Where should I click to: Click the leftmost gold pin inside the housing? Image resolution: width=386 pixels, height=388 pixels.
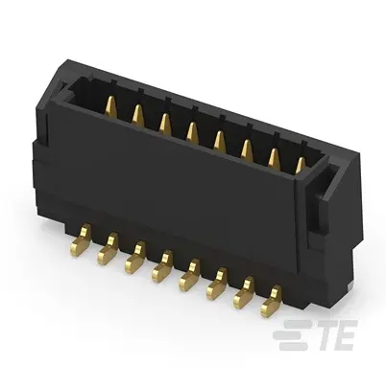(x=111, y=105)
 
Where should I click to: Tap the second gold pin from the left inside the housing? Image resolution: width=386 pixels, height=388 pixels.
(x=137, y=114)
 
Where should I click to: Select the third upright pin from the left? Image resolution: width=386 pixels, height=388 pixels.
(x=165, y=123)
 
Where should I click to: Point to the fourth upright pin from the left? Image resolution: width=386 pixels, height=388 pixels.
(x=192, y=131)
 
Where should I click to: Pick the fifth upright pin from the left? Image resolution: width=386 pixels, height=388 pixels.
(x=220, y=140)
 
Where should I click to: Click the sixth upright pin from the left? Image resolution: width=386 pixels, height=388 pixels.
(x=247, y=148)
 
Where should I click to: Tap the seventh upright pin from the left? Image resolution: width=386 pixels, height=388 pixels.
(x=274, y=158)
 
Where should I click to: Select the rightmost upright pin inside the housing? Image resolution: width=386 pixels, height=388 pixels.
(x=301, y=166)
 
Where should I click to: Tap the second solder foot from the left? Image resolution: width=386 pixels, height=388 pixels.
(x=108, y=249)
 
